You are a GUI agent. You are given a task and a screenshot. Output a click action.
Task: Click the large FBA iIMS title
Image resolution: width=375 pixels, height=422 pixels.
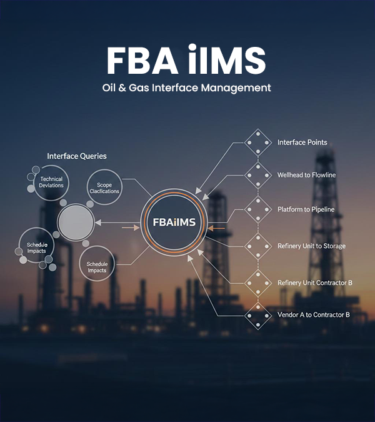186,61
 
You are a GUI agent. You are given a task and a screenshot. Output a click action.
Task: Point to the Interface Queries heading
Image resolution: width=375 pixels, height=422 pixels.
77,156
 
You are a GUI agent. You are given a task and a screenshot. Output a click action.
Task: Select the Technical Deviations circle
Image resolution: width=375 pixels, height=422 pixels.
51,182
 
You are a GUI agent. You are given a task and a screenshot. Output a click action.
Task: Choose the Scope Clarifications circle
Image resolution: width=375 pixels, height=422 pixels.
104,188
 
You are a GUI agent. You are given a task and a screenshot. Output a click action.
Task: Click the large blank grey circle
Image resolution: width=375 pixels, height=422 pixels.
76,221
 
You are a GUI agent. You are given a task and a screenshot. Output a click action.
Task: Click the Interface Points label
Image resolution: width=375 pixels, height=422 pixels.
302,143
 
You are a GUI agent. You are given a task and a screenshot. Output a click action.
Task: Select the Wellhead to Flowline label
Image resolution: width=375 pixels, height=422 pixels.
306,175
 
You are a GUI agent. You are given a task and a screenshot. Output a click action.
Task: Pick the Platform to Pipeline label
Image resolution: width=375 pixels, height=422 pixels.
306,209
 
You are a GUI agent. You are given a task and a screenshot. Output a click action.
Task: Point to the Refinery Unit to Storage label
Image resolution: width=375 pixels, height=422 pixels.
311,246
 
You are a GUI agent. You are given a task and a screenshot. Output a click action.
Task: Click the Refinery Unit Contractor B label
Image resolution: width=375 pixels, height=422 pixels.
314,283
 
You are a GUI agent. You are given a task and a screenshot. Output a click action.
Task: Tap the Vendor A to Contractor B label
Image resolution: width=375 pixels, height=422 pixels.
313,314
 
